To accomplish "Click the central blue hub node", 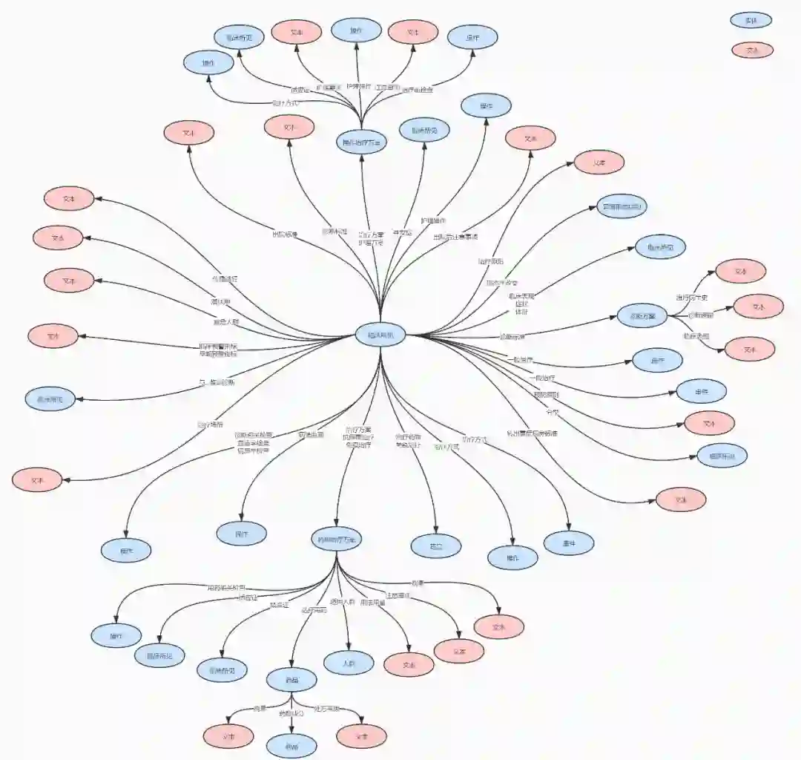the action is coord(380,335).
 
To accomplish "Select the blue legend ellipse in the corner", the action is coord(751,20).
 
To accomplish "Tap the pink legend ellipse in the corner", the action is coord(752,50).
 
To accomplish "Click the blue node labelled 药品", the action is coord(291,679).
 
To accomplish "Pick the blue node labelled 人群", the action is coord(349,663).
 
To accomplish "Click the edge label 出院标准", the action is coord(285,235).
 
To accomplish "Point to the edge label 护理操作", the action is coord(433,221).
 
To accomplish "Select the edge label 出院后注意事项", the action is coord(455,237).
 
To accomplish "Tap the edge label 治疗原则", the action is coord(490,261).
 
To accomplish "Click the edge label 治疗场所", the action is coord(209,425).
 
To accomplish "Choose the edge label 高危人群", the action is coord(226,322).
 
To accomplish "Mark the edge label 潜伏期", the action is coord(220,302).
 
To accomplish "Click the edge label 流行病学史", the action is coord(691,298).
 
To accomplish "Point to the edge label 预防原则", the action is coord(547,395).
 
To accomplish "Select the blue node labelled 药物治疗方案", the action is coord(337,540).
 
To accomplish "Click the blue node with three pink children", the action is coord(642,316).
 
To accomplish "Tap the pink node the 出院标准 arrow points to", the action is coord(189,134).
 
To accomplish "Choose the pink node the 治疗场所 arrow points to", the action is coord(37,480).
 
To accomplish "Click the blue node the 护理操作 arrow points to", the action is coord(486,106).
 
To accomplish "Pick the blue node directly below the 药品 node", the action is coord(291,744).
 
